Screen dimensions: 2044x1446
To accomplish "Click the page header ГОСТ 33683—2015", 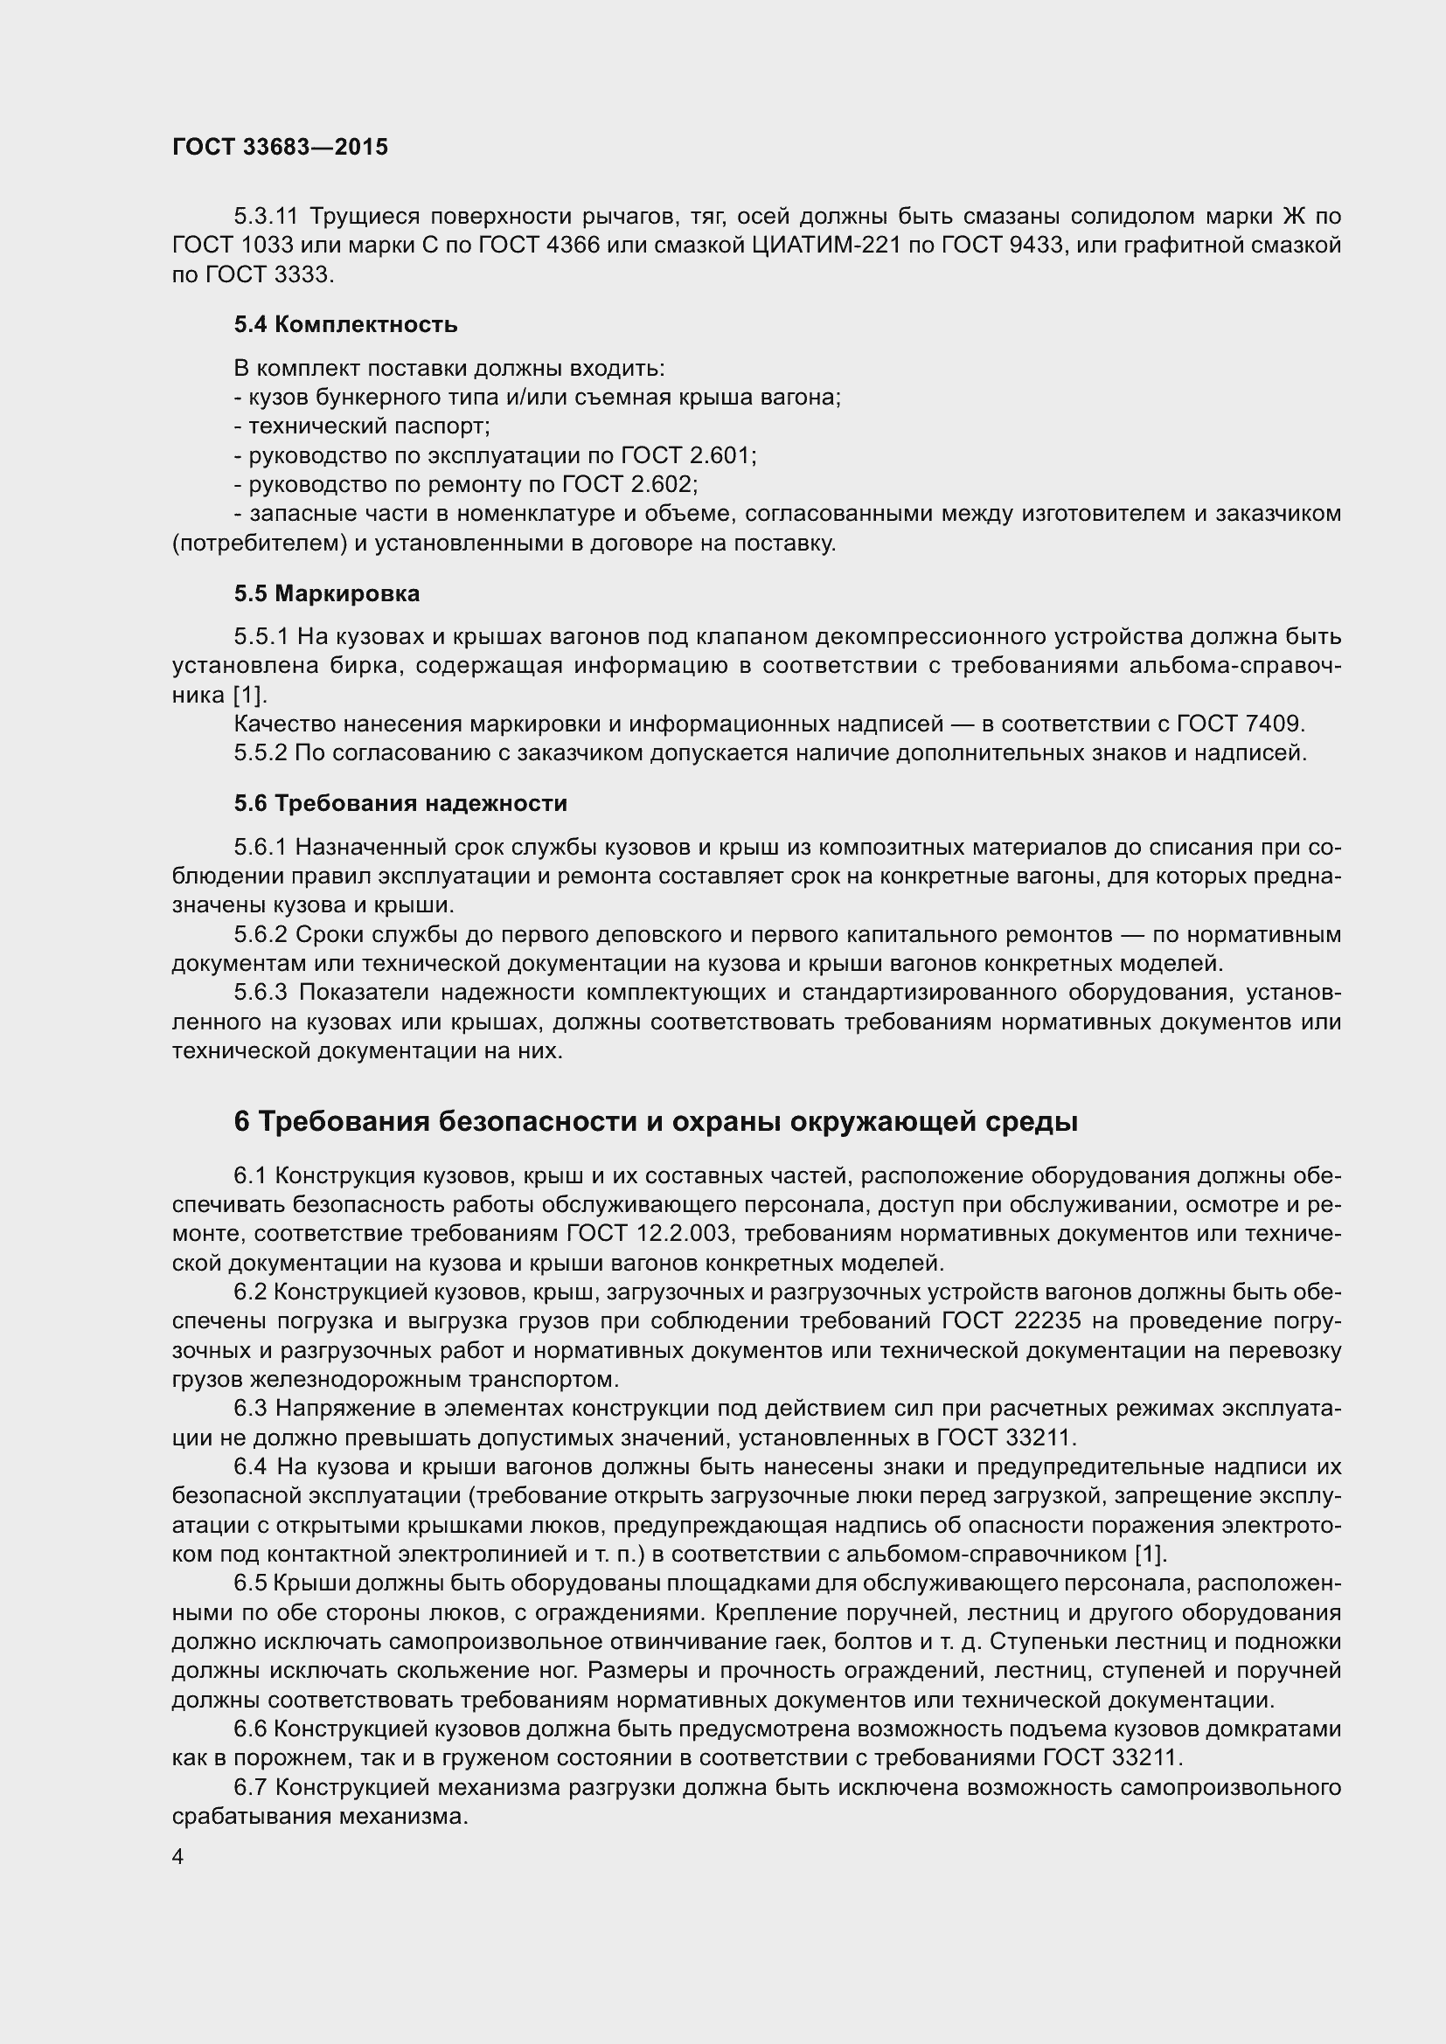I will tap(280, 148).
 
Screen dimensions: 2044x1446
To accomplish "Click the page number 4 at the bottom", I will tap(178, 1856).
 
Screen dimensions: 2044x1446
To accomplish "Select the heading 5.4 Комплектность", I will tap(345, 325).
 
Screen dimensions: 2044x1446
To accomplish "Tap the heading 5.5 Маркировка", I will tap(327, 593).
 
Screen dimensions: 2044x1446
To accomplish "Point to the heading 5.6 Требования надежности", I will tap(400, 804).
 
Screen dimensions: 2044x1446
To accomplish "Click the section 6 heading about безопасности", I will tap(656, 1123).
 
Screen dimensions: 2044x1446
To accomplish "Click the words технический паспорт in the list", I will tap(369, 426).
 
